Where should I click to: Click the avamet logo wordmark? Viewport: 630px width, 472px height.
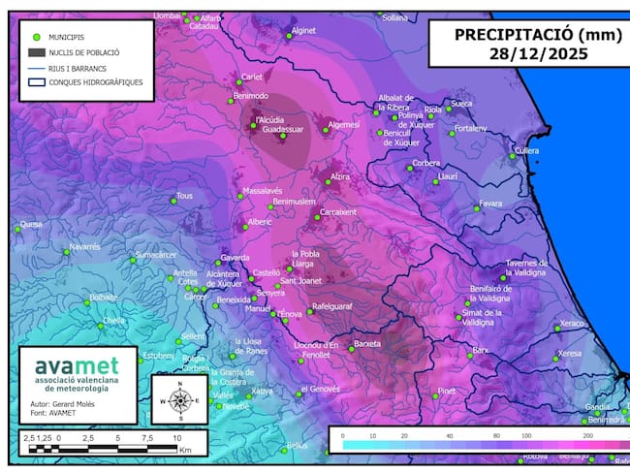click(x=77, y=366)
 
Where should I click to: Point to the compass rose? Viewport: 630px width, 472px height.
click(x=179, y=399)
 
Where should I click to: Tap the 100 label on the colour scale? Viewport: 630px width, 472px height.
click(x=529, y=437)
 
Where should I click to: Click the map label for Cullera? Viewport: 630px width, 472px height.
click(x=526, y=151)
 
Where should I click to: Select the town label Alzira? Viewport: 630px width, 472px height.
click(x=339, y=177)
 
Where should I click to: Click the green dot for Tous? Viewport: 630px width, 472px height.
click(x=174, y=200)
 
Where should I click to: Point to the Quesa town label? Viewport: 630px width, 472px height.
click(x=31, y=224)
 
